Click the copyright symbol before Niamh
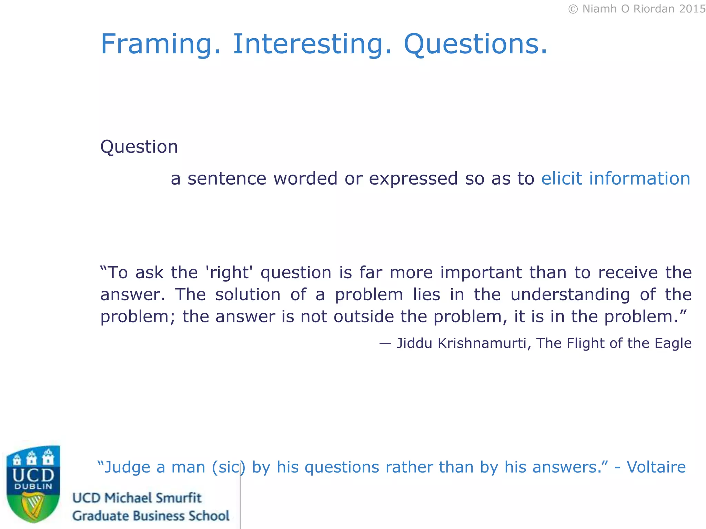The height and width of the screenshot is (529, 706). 573,9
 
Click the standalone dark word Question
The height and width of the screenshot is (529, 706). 139,147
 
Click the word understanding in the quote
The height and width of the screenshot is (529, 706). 570,295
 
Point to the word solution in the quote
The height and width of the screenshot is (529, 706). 248,295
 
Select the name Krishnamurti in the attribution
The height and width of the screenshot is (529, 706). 482,343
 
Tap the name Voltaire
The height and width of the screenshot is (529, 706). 656,467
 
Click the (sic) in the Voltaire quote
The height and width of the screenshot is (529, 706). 229,468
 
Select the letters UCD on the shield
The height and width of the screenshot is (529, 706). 33,476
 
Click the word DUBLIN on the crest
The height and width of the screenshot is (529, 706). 33,487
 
